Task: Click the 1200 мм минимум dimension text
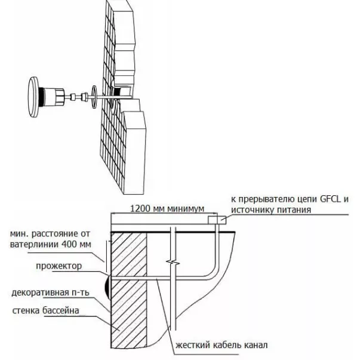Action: pos(167,209)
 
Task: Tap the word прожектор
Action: pos(59,266)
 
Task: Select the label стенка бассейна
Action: pos(46,310)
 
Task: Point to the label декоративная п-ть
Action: pos(50,293)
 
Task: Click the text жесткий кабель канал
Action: pos(221,345)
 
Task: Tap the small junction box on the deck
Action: pos(217,220)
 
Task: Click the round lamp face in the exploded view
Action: pos(33,97)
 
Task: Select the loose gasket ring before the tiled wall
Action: pos(94,97)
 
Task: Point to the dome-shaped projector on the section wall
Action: pos(107,287)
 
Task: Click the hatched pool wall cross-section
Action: pos(129,290)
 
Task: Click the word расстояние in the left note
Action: pos(55,233)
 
